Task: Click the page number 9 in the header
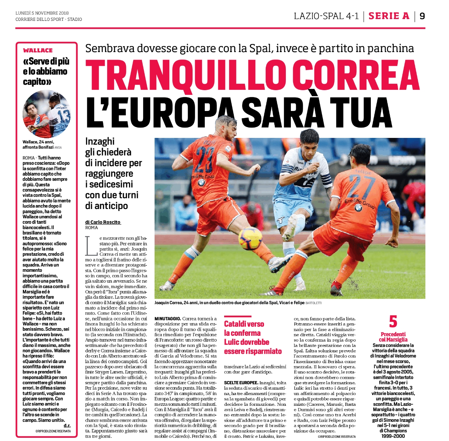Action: [x=422, y=16]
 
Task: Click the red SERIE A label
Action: [x=389, y=16]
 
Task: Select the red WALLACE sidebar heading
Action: [x=38, y=51]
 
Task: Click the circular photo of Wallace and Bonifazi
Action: [x=47, y=114]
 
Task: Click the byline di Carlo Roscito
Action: [x=103, y=222]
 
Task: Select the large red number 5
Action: [x=393, y=321]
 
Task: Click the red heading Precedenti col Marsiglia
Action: [x=393, y=337]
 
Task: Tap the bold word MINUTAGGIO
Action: [x=167, y=319]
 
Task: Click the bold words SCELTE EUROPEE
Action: [x=241, y=383]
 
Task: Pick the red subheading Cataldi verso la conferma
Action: [x=244, y=328]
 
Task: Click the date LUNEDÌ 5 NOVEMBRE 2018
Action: [x=42, y=13]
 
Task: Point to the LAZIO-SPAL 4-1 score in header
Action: [x=326, y=16]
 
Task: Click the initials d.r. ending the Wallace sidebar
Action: [x=67, y=426]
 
